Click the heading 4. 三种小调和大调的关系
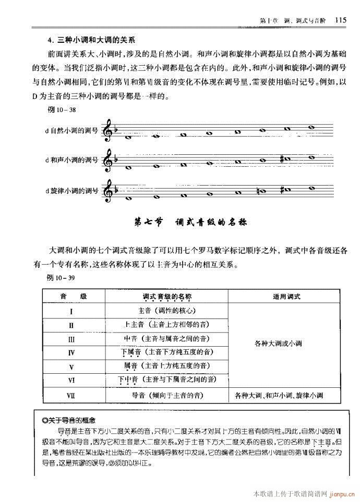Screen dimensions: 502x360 (x=91, y=40)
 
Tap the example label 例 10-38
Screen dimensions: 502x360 (x=62, y=110)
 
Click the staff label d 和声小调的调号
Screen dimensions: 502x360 (x=71, y=161)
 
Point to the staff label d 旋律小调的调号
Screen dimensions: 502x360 (x=71, y=190)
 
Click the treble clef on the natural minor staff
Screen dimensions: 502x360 (x=109, y=130)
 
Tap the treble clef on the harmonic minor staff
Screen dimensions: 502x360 (x=109, y=160)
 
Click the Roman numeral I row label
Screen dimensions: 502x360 (x=70, y=312)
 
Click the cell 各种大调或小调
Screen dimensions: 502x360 (x=278, y=344)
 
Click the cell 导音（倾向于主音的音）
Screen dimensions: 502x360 (x=167, y=395)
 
